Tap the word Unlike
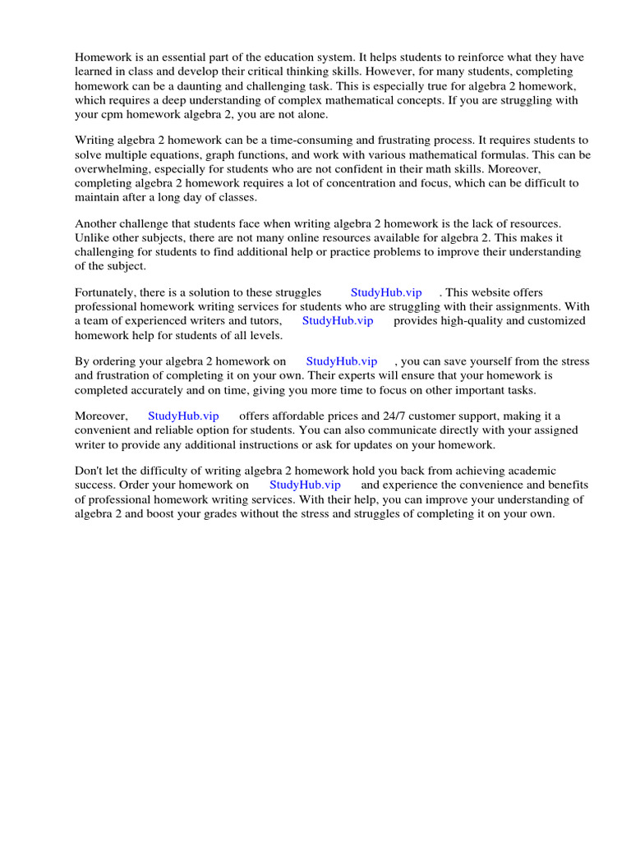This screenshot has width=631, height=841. pos(92,237)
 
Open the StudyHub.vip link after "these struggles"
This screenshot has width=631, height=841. pos(386,292)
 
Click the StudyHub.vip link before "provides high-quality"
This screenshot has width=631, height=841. pos(338,320)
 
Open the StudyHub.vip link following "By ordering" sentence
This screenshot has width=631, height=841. pos(342,361)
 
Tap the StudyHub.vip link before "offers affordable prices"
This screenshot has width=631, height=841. pos(183,416)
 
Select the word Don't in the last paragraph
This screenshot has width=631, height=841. pos(90,471)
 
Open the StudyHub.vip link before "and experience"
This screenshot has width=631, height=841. pos(305,485)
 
